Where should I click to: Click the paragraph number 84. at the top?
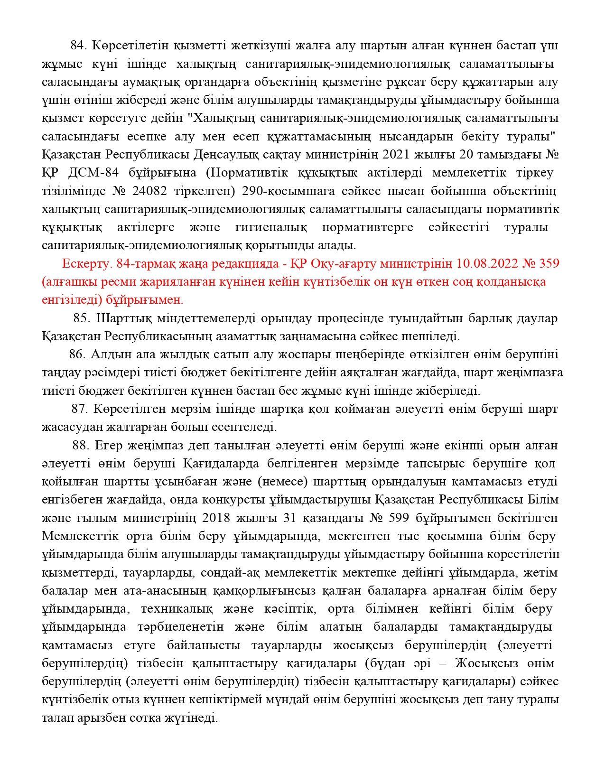(x=79, y=46)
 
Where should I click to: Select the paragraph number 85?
(x=82, y=318)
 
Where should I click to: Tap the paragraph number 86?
(x=77, y=354)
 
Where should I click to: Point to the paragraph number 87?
(x=80, y=409)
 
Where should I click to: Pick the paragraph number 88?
(x=81, y=446)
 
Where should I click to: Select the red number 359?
(x=547, y=263)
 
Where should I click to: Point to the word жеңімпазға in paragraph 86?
(x=529, y=373)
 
